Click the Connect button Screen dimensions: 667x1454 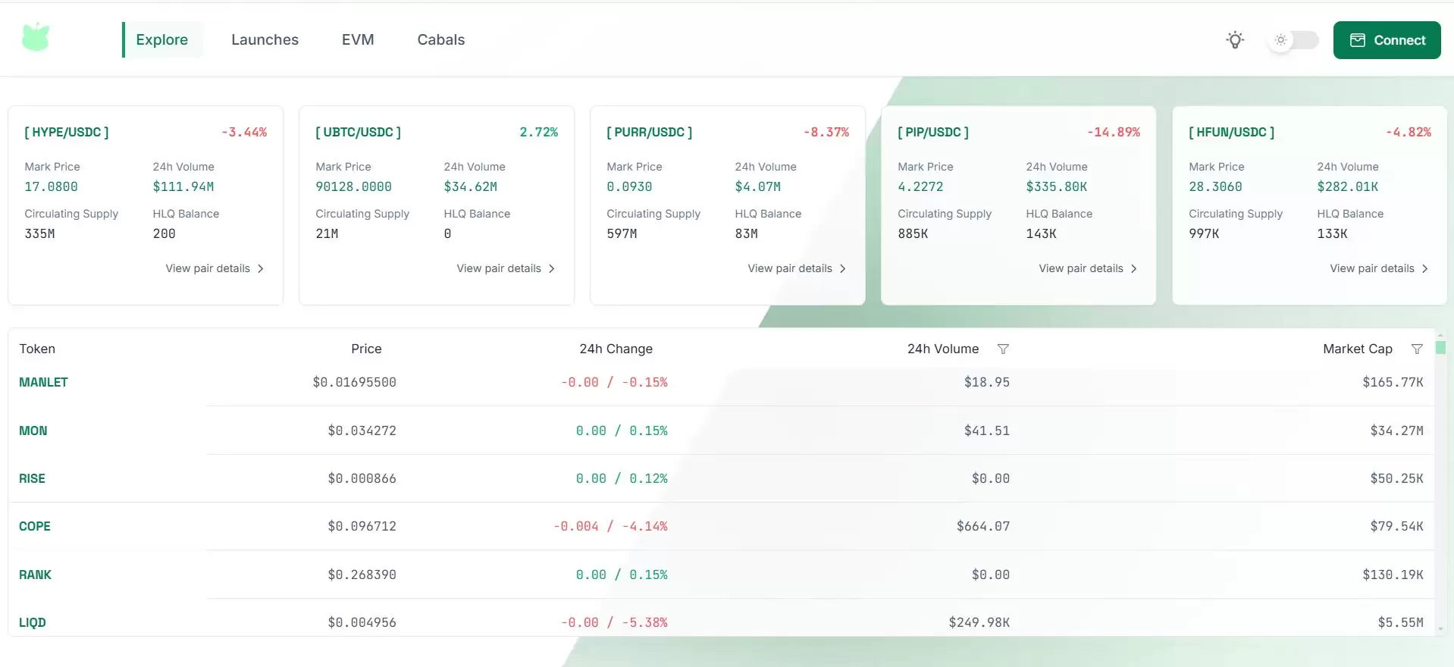coord(1387,40)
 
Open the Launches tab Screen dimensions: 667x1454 coord(265,39)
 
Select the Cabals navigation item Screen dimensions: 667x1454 coord(440,39)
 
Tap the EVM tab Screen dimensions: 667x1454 coord(358,39)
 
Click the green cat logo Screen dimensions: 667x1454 coord(36,37)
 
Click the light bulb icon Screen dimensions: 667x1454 coord(1235,40)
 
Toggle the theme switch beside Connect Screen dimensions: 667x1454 coord(1293,40)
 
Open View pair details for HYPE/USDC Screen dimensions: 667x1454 coord(215,268)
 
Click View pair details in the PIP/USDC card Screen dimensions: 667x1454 coord(1088,268)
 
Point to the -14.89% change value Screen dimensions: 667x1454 coord(1113,132)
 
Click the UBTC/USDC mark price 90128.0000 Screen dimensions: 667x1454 coord(353,186)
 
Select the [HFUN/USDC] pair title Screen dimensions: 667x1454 coord(1231,132)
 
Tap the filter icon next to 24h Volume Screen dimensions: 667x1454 coord(1003,349)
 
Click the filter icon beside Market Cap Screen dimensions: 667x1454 coord(1417,349)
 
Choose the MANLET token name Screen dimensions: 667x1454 coord(43,382)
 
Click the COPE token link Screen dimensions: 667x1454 coord(35,526)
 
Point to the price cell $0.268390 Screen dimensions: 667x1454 coord(362,575)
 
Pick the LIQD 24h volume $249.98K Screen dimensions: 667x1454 coord(979,622)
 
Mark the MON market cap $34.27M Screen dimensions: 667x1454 coord(1396,431)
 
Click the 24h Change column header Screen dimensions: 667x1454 coord(616,349)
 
